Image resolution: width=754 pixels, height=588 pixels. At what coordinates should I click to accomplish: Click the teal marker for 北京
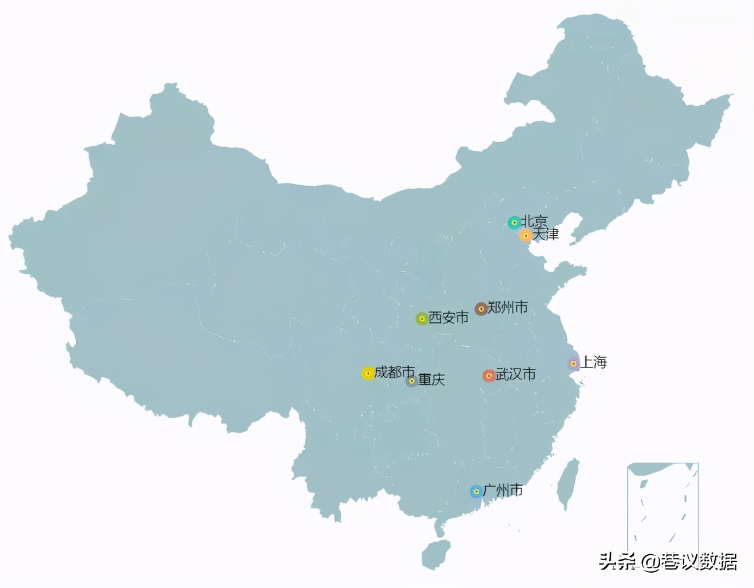(514, 222)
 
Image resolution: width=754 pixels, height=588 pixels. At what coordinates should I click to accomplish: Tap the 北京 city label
(534, 221)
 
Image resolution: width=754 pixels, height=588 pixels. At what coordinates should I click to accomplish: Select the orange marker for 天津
(526, 235)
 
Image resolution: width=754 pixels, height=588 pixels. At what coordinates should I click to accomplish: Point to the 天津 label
(546, 234)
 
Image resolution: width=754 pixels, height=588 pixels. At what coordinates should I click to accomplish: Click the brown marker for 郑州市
(481, 309)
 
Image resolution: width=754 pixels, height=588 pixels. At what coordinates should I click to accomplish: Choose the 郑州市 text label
(508, 308)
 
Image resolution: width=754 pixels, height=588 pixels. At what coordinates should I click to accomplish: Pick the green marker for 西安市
(422, 318)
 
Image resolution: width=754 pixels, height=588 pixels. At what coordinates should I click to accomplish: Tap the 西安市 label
(449, 317)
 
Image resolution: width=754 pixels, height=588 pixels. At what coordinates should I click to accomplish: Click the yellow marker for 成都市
(368, 373)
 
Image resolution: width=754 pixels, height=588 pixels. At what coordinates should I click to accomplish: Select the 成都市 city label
(394, 372)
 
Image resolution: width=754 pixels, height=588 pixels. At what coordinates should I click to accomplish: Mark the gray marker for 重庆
(412, 381)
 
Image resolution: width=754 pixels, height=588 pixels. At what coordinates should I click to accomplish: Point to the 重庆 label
(431, 379)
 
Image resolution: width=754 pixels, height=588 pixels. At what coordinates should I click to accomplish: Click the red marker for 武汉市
(489, 376)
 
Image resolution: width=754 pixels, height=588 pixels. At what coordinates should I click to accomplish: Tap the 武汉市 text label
(516, 374)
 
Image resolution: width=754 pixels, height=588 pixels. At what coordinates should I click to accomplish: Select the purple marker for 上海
(573, 363)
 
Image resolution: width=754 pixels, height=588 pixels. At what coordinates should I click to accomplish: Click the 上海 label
(594, 362)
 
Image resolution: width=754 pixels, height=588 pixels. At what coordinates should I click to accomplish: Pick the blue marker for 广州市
(476, 492)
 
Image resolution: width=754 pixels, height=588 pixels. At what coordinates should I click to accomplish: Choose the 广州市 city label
(503, 491)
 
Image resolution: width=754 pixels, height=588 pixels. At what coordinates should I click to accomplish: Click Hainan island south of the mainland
(436, 554)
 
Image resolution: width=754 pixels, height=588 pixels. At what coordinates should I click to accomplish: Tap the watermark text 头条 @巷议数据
(668, 561)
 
